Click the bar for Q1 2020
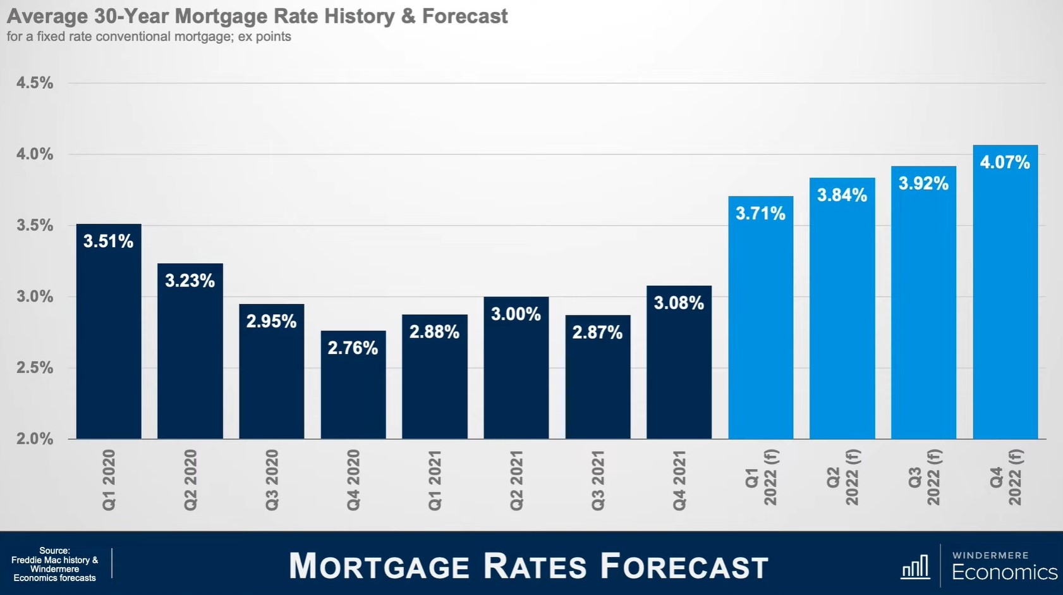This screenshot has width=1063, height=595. click(109, 331)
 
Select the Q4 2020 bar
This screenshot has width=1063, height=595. click(353, 384)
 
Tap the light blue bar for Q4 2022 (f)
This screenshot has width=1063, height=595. click(1005, 292)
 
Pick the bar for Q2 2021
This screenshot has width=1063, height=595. click(516, 368)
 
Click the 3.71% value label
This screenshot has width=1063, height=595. click(761, 213)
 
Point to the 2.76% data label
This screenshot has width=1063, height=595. click(353, 348)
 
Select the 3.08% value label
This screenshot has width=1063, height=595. click(679, 303)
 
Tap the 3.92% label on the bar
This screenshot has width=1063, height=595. click(923, 183)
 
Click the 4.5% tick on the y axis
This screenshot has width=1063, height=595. click(35, 83)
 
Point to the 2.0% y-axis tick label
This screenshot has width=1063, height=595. click(35, 439)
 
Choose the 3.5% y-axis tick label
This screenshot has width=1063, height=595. click(35, 226)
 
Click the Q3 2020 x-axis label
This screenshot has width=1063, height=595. click(272, 480)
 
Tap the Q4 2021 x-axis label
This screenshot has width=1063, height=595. click(679, 480)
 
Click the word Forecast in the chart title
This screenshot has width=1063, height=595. click(465, 16)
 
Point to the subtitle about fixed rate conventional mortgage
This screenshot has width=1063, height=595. click(149, 37)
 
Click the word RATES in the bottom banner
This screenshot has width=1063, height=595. click(535, 566)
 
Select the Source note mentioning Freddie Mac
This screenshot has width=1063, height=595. click(54, 564)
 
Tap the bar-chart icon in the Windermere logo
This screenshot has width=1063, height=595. click(915, 567)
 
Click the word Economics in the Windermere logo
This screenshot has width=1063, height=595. click(1005, 572)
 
